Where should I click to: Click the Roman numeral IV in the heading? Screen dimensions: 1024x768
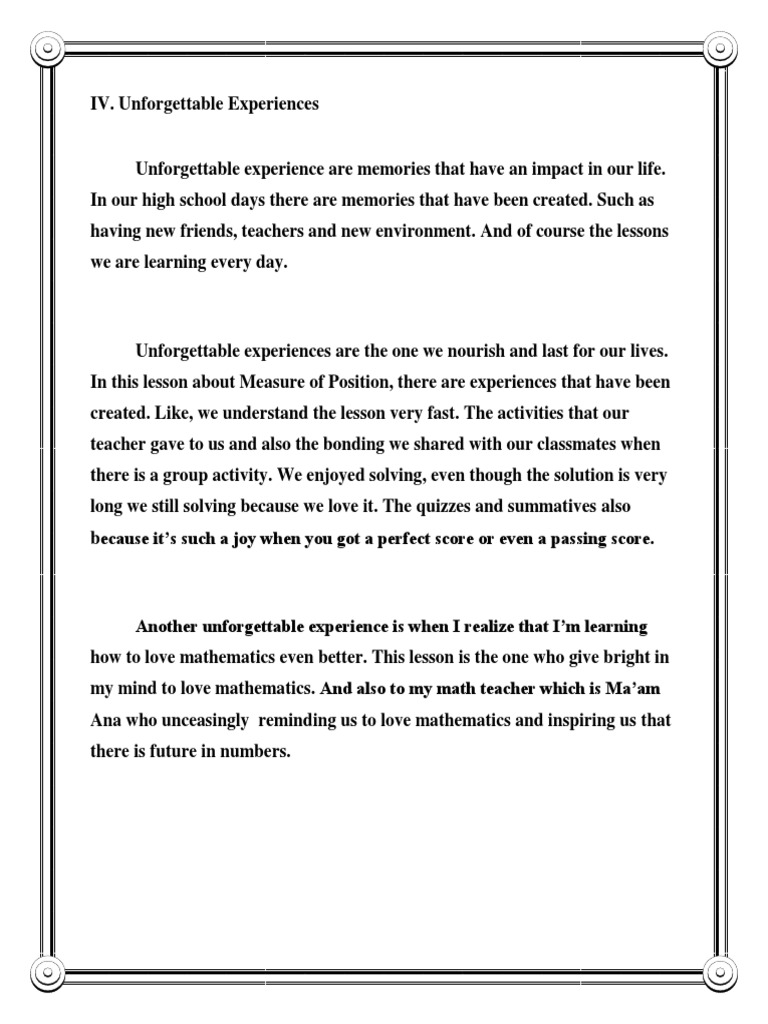coord(100,105)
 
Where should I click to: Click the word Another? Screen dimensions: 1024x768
coord(167,627)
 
